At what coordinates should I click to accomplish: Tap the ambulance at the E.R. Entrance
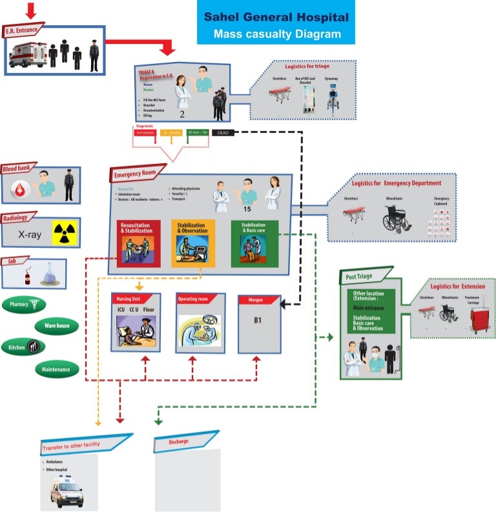point(26,56)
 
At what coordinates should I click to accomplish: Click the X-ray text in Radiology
point(30,234)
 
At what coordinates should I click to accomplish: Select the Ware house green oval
point(57,325)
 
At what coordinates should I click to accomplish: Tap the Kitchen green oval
point(23,347)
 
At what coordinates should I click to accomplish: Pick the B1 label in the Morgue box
point(259,319)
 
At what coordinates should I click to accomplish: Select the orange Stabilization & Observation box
point(192,243)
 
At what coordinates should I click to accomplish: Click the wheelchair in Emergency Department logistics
point(397,218)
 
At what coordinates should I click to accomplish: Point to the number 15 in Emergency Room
point(246,209)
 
